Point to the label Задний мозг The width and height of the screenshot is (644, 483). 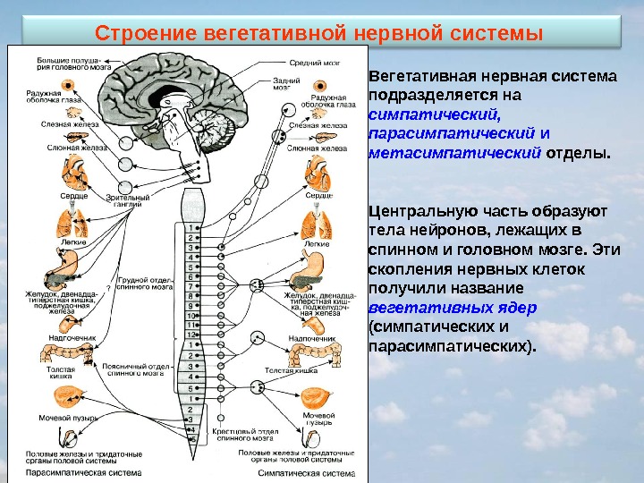click(300, 84)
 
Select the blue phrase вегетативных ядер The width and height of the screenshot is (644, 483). click(453, 307)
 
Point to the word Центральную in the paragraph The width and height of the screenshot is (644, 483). click(418, 212)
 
